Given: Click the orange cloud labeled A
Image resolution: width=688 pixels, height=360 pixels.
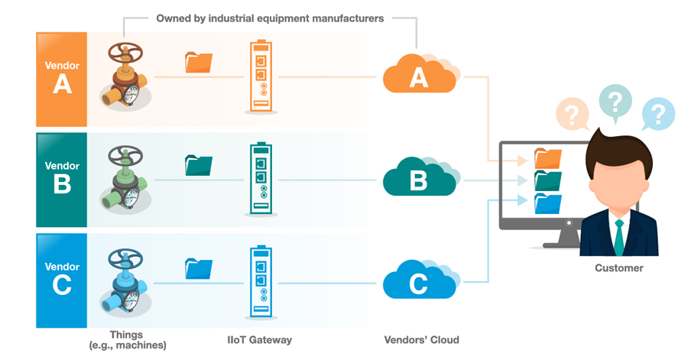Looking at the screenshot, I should [x=418, y=76].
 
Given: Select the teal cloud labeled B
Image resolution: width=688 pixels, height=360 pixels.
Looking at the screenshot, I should [x=418, y=179].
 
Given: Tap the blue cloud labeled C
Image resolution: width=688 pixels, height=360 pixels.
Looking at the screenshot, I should [x=418, y=282].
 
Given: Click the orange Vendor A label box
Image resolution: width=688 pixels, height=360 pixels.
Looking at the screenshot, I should [x=62, y=79].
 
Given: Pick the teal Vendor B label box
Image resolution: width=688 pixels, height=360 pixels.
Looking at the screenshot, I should [x=62, y=180].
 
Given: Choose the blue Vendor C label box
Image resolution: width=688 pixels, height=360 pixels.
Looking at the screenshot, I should [x=62, y=281].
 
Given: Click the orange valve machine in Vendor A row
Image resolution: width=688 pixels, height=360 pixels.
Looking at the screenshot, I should [x=124, y=78].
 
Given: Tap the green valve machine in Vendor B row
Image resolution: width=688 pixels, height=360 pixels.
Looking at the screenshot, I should [x=124, y=180].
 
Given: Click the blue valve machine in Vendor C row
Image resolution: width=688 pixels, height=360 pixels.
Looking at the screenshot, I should [x=124, y=281].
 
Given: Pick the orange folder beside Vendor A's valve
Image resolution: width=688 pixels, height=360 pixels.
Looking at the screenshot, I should [x=199, y=63].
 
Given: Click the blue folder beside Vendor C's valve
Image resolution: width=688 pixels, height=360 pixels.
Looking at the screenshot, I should [x=199, y=268].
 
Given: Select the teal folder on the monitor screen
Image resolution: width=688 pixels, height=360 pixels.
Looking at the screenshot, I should [x=548, y=180].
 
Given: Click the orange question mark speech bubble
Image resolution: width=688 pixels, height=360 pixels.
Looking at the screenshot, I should [x=572, y=115].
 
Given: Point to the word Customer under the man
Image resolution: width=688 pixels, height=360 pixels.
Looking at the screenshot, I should [x=618, y=268].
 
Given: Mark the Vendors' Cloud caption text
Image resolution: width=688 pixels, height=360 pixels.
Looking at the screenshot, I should [x=421, y=339].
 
